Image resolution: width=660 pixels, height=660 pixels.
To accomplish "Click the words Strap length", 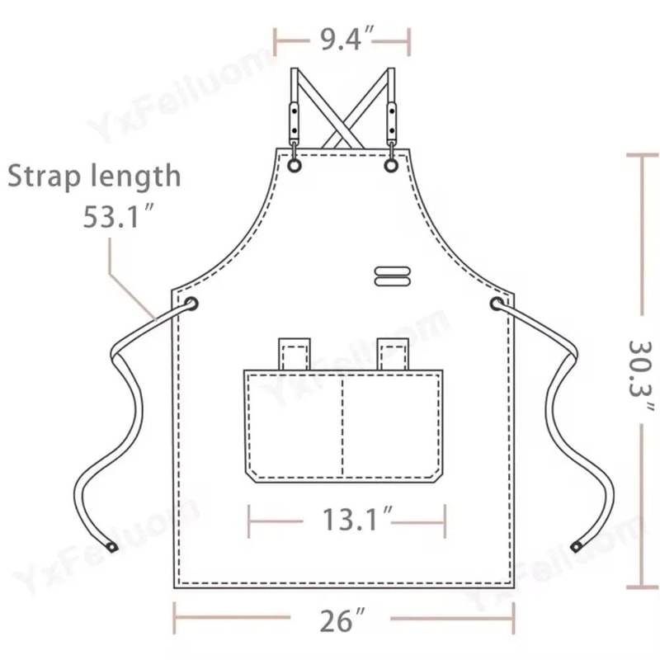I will pos(94,176).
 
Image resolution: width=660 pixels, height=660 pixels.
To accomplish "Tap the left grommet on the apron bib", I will pos(294,166).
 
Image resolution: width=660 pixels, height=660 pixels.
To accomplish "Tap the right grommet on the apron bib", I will pos(391,166).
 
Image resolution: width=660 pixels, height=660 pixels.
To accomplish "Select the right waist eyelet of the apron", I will pos(497,305).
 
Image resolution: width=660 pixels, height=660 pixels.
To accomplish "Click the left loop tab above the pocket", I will pos(293,353).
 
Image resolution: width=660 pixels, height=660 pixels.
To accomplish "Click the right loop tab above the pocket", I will pos(391,353).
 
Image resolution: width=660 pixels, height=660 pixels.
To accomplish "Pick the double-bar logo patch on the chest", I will pos(391,276).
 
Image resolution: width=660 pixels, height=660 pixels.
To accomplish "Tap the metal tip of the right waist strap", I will pos(577,545).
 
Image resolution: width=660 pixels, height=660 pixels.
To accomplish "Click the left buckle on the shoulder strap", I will pos(294,119).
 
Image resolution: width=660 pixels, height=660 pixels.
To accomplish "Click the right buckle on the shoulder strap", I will pos(391,119).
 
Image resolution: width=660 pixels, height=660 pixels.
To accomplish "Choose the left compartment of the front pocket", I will pos(293,425).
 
